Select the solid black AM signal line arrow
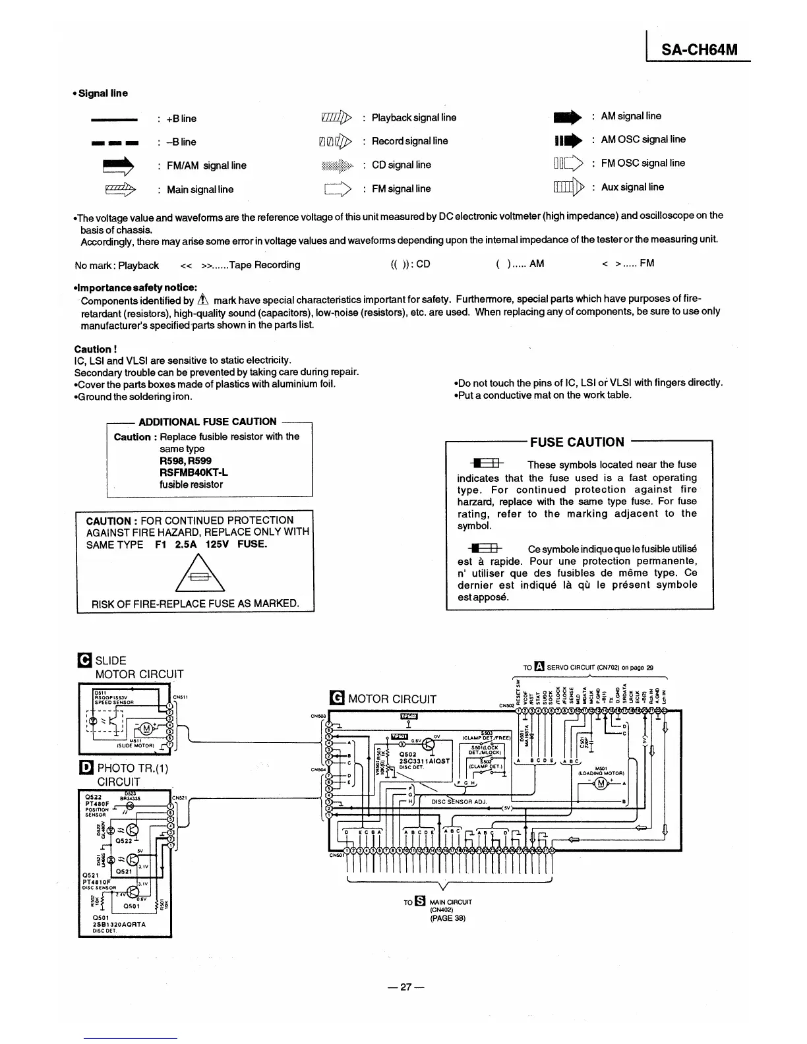tap(568, 117)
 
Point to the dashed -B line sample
tap(115, 142)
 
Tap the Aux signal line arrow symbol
tap(569, 188)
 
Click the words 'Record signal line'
tap(409, 141)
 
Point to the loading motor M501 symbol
tap(600, 783)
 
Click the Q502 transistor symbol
tap(429, 745)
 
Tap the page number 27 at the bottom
tap(406, 987)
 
